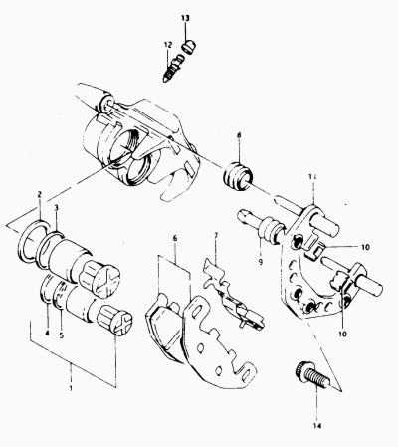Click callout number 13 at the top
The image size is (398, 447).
185,18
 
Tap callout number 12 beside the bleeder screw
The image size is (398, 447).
168,44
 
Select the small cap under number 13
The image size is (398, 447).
190,47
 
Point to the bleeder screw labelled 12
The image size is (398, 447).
173,69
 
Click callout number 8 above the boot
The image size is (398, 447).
239,135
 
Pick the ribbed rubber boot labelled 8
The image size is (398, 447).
238,176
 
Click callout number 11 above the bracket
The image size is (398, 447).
313,177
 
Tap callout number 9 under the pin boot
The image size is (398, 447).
261,262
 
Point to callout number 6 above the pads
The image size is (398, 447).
175,238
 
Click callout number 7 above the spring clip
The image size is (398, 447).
216,236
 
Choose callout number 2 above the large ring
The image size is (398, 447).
39,194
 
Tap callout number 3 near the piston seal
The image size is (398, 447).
56,208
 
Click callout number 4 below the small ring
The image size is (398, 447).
47,333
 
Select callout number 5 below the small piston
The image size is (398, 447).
61,335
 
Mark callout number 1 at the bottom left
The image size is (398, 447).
71,387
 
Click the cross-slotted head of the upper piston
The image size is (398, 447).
105,282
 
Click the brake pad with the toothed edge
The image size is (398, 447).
217,340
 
